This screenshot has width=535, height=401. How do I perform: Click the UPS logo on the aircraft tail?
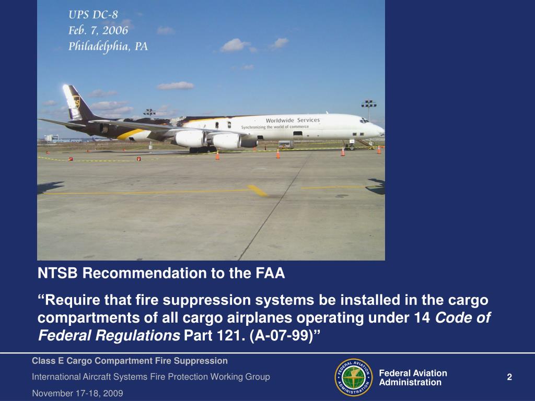click(76, 101)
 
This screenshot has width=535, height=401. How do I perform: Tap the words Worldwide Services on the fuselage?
click(293, 120)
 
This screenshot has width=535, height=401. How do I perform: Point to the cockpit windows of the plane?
click(364, 121)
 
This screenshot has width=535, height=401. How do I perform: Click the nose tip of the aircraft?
click(383, 129)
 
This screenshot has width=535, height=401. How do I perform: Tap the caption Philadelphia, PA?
click(108, 46)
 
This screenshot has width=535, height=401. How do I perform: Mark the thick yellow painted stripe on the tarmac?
click(258, 191)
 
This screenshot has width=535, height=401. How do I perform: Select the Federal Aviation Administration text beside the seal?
click(412, 378)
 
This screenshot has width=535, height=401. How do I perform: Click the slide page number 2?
click(509, 378)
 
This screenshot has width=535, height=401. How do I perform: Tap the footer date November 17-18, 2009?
click(77, 393)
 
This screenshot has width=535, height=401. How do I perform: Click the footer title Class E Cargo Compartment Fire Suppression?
click(130, 361)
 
